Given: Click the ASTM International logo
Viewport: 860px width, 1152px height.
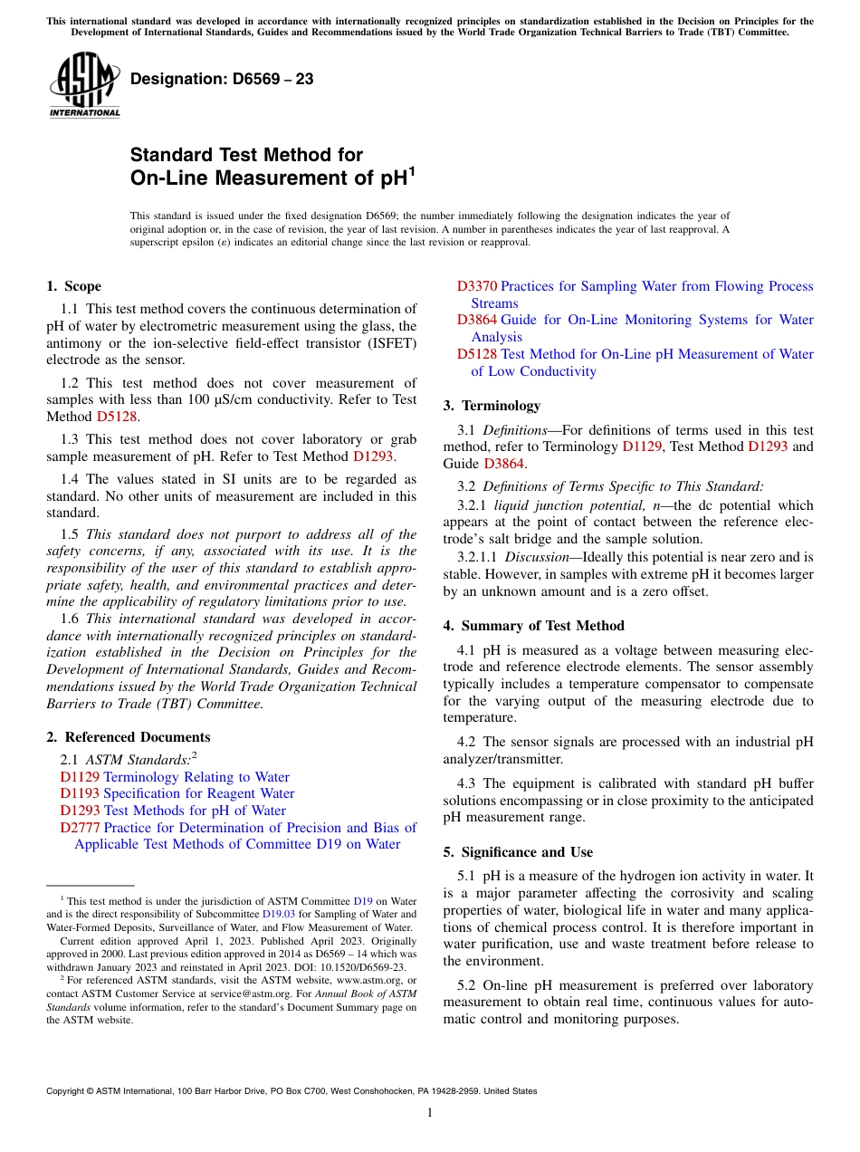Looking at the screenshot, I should point(83,85).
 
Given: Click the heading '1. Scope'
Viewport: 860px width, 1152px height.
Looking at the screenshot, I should point(73,286).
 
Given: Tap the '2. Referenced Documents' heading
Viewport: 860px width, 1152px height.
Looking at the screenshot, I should point(128,737).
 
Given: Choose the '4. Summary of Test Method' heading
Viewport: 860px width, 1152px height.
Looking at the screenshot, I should point(533,626).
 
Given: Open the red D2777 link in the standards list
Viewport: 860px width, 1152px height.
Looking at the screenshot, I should point(80,828).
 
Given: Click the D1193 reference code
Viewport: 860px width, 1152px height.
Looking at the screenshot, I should point(80,794).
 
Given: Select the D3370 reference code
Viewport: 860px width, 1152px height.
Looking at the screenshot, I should point(476,286).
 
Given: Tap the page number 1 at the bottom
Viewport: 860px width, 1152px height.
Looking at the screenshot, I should point(430,1113).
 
